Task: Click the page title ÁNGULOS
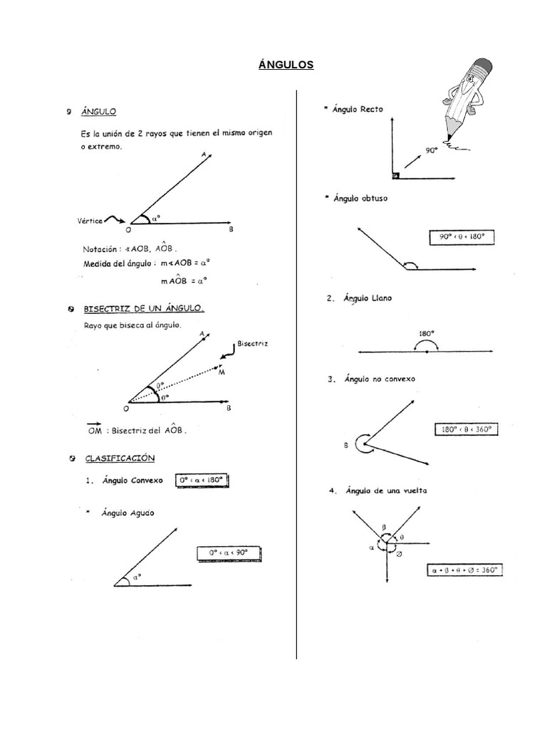click(286, 65)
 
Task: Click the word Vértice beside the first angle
click(89, 221)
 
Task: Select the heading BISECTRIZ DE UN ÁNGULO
click(144, 309)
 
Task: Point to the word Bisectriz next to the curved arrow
click(253, 343)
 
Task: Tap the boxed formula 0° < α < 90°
click(229, 553)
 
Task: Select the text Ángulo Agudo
click(128, 512)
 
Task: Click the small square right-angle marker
click(395, 174)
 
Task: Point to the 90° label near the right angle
click(431, 151)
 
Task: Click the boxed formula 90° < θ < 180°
click(462, 237)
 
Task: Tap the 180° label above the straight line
click(426, 332)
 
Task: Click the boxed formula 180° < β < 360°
click(465, 429)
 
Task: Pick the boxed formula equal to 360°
click(464, 570)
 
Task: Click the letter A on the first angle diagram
click(204, 154)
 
